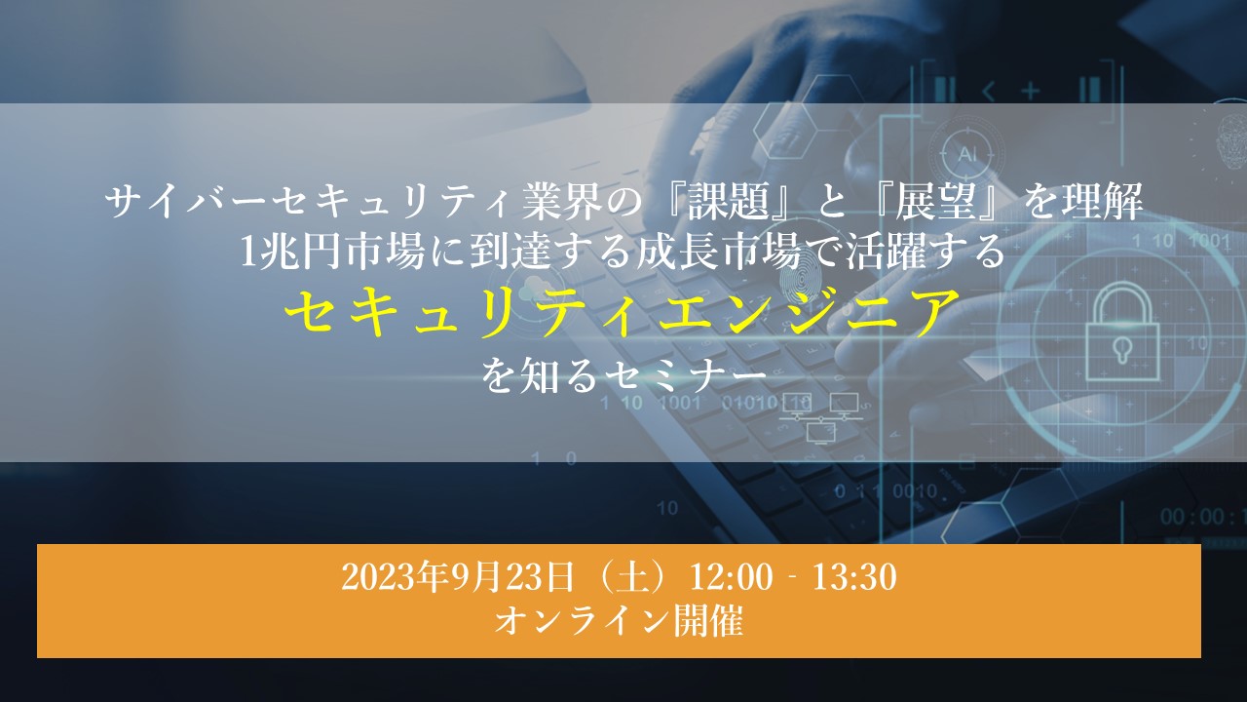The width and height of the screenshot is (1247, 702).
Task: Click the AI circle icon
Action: (x=967, y=154)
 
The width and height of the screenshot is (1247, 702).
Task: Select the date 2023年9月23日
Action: (x=457, y=577)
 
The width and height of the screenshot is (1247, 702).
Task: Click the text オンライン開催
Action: (x=619, y=621)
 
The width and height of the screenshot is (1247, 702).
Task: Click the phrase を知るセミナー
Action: (x=624, y=376)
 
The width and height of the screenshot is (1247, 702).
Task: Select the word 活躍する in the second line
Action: (x=926, y=252)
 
